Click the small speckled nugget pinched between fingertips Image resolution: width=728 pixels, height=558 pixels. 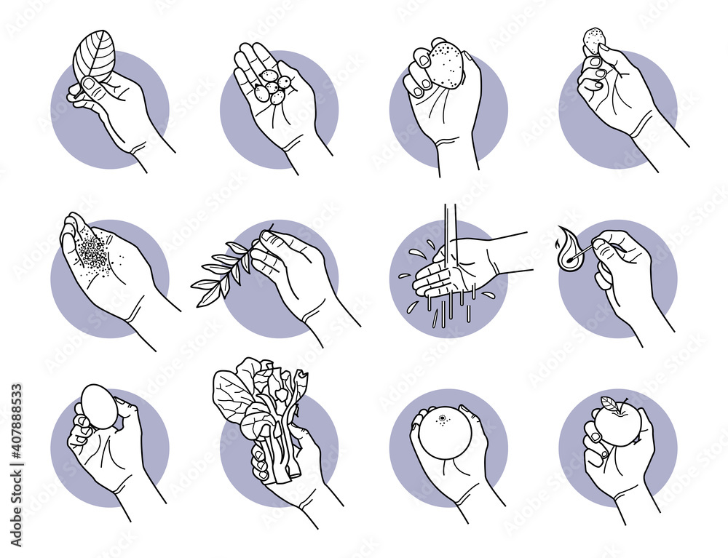[x=594, y=40]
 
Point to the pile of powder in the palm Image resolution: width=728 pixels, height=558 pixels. [x=93, y=252]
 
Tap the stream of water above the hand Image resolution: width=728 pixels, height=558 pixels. [x=451, y=225]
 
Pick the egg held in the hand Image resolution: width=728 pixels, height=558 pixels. [x=98, y=407]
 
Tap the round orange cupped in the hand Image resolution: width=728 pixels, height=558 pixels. [x=445, y=432]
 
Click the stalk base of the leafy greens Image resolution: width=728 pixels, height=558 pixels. [x=280, y=466]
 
